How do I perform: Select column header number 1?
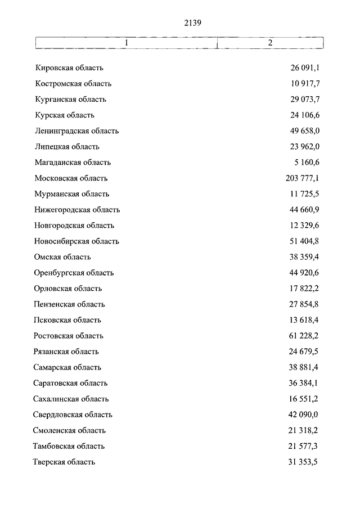pos(127,43)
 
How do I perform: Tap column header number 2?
pos(271,43)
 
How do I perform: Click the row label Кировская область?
pos(69,68)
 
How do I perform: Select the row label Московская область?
pos(71,178)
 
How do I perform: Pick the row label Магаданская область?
pos(73,163)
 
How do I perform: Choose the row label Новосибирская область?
pos(76,241)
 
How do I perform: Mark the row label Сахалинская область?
pos(71,399)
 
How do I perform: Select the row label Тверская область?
pos(65,462)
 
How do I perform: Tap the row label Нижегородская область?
pos(77,210)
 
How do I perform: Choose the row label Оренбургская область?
pos(74,273)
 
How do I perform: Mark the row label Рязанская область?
pos(66,352)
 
